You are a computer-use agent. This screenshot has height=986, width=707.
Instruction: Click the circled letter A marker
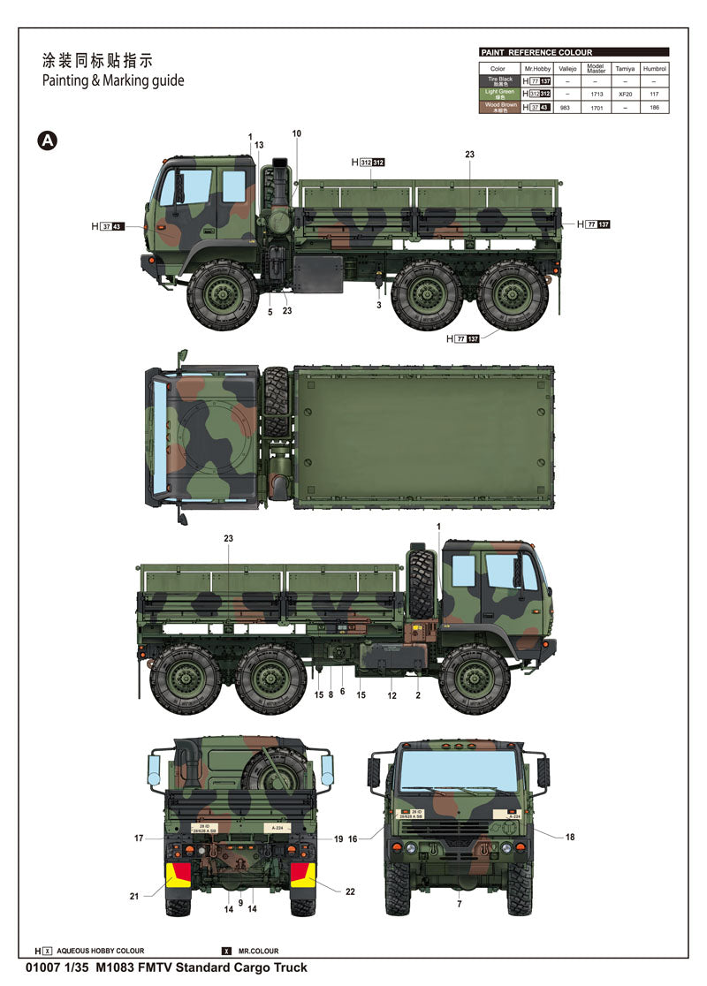pos(48,140)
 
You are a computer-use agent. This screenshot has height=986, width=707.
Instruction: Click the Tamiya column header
pos(625,68)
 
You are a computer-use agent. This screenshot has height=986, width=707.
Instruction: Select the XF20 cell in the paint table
pos(625,94)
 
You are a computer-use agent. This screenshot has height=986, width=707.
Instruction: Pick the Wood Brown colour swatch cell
pos(499,107)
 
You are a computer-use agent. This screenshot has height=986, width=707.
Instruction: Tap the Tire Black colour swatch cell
pos(499,80)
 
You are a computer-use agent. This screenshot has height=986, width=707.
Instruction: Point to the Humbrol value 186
pos(655,107)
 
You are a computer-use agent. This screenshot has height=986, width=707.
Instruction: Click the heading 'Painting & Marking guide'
pos(113,80)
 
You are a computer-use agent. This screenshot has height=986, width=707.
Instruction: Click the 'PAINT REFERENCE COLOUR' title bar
pos(574,52)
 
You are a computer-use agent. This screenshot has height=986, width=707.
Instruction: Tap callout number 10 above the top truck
pos(296,134)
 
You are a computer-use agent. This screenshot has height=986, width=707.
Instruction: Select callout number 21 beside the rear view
pos(134,896)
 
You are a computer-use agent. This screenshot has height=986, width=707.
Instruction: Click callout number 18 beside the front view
pos(570,837)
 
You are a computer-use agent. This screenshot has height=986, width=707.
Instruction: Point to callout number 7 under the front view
pos(459,905)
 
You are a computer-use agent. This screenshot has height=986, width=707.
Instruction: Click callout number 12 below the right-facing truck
pos(392,695)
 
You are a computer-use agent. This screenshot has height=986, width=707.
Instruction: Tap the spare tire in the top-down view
pos(276,402)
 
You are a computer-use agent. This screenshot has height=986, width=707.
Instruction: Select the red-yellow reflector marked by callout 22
pos(302,875)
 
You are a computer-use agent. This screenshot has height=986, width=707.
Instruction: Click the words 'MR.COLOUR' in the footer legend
pos(257,951)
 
